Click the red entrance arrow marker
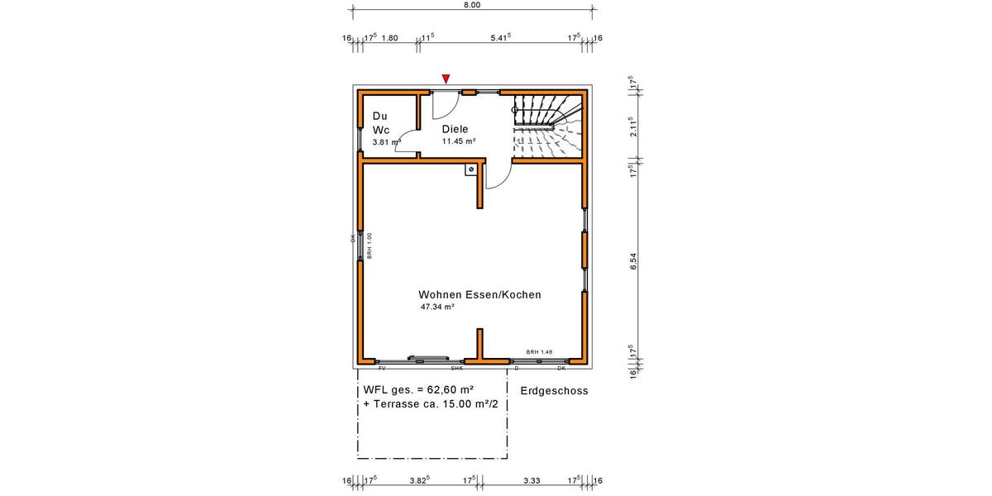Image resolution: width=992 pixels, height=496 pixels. [x=446, y=79]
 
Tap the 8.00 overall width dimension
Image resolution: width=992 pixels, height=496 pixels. [x=471, y=5]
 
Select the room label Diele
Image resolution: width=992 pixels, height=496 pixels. [x=455, y=129]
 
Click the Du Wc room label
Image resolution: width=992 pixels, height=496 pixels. [x=381, y=123]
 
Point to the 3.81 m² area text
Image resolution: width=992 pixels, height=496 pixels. [x=386, y=142]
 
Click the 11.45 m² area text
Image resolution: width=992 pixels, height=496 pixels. [x=458, y=141]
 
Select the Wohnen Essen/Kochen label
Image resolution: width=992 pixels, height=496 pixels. [x=479, y=294]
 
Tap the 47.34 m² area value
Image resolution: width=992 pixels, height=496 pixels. [x=437, y=307]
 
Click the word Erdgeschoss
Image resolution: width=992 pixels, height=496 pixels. [x=554, y=391]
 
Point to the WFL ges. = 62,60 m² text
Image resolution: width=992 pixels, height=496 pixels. [x=417, y=389]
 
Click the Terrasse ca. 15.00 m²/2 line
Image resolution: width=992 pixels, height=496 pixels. [x=435, y=404]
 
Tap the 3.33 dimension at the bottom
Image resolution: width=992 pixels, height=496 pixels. [x=532, y=479]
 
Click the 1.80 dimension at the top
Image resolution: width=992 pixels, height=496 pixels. [x=389, y=38]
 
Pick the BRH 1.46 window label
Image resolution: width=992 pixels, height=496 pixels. [x=539, y=352]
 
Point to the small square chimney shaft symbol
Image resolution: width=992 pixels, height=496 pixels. [x=470, y=169]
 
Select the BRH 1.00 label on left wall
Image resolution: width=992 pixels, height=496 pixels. [x=370, y=246]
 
